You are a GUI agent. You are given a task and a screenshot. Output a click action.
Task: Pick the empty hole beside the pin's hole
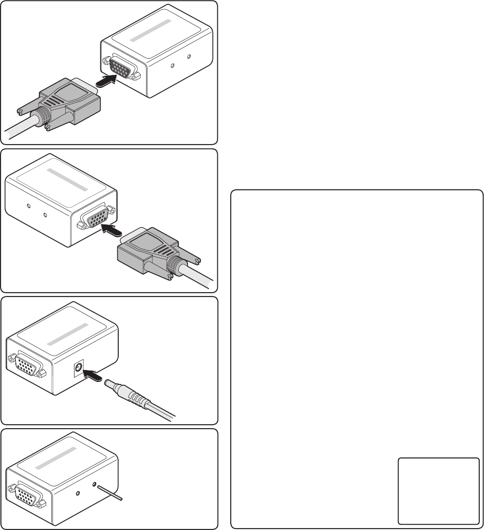pyautogui.click(x=79, y=492)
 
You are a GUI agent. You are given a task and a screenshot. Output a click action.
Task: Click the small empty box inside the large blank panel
pyautogui.click(x=438, y=490)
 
